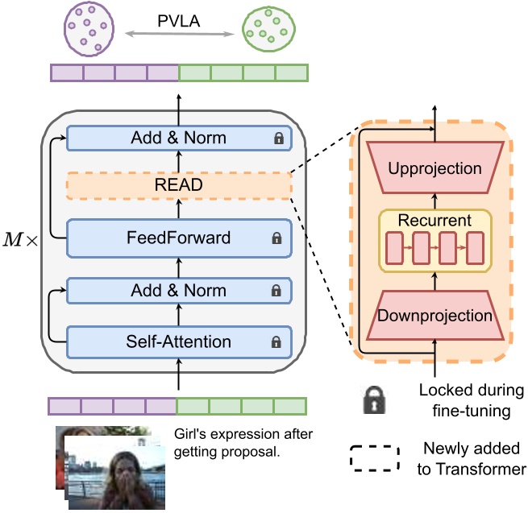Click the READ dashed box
(178, 186)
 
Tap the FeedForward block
(178, 238)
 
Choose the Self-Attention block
(178, 341)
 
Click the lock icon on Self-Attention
(276, 342)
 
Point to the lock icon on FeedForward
(276, 238)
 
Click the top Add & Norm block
(178, 138)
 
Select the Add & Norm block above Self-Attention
(178, 290)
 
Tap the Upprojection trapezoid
(434, 169)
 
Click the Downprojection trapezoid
(434, 316)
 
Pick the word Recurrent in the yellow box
(434, 220)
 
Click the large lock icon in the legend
(373, 400)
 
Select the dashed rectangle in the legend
(375, 457)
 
